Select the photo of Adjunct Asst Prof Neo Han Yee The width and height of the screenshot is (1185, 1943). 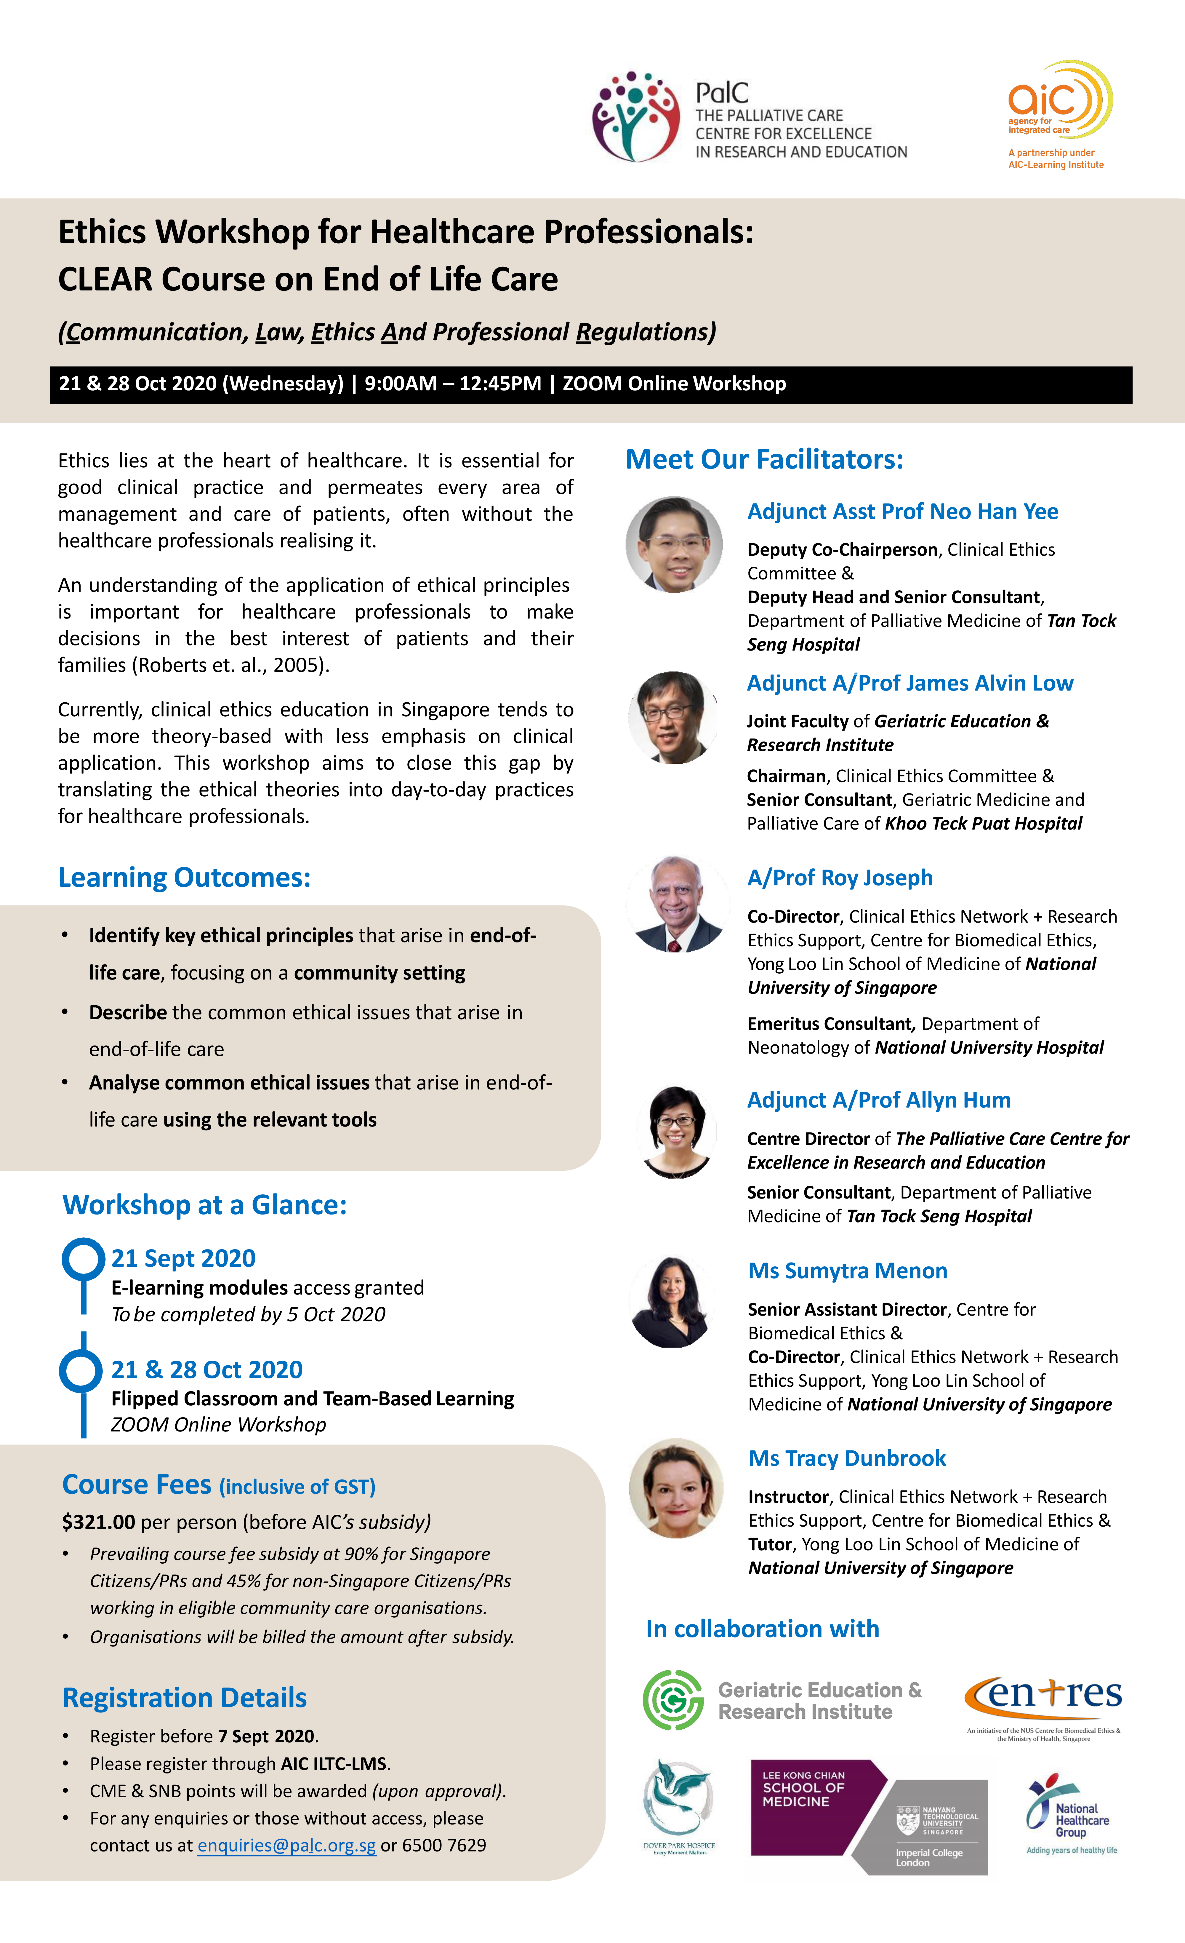coord(674,544)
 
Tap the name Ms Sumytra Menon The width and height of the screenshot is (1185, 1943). coord(848,1270)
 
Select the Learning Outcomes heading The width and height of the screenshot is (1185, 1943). coord(185,877)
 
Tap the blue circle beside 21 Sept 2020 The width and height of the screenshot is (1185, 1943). coord(84,1258)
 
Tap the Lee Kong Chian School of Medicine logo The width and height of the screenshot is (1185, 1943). coord(867,1816)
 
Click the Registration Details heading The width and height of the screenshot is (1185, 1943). coord(185,1697)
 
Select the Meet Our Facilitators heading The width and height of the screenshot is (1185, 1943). coord(764,459)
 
